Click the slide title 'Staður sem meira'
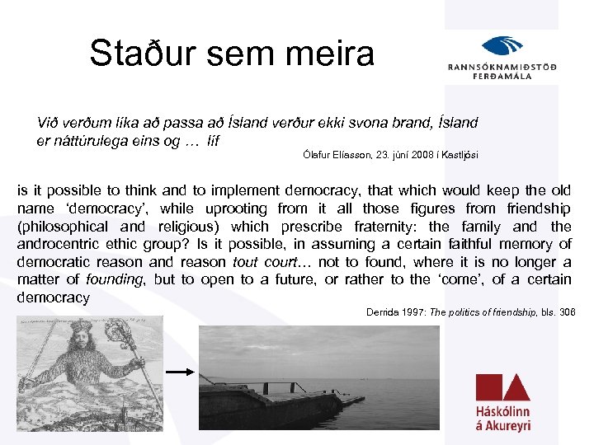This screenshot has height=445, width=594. click(232, 54)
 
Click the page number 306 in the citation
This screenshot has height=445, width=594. click(567, 311)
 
